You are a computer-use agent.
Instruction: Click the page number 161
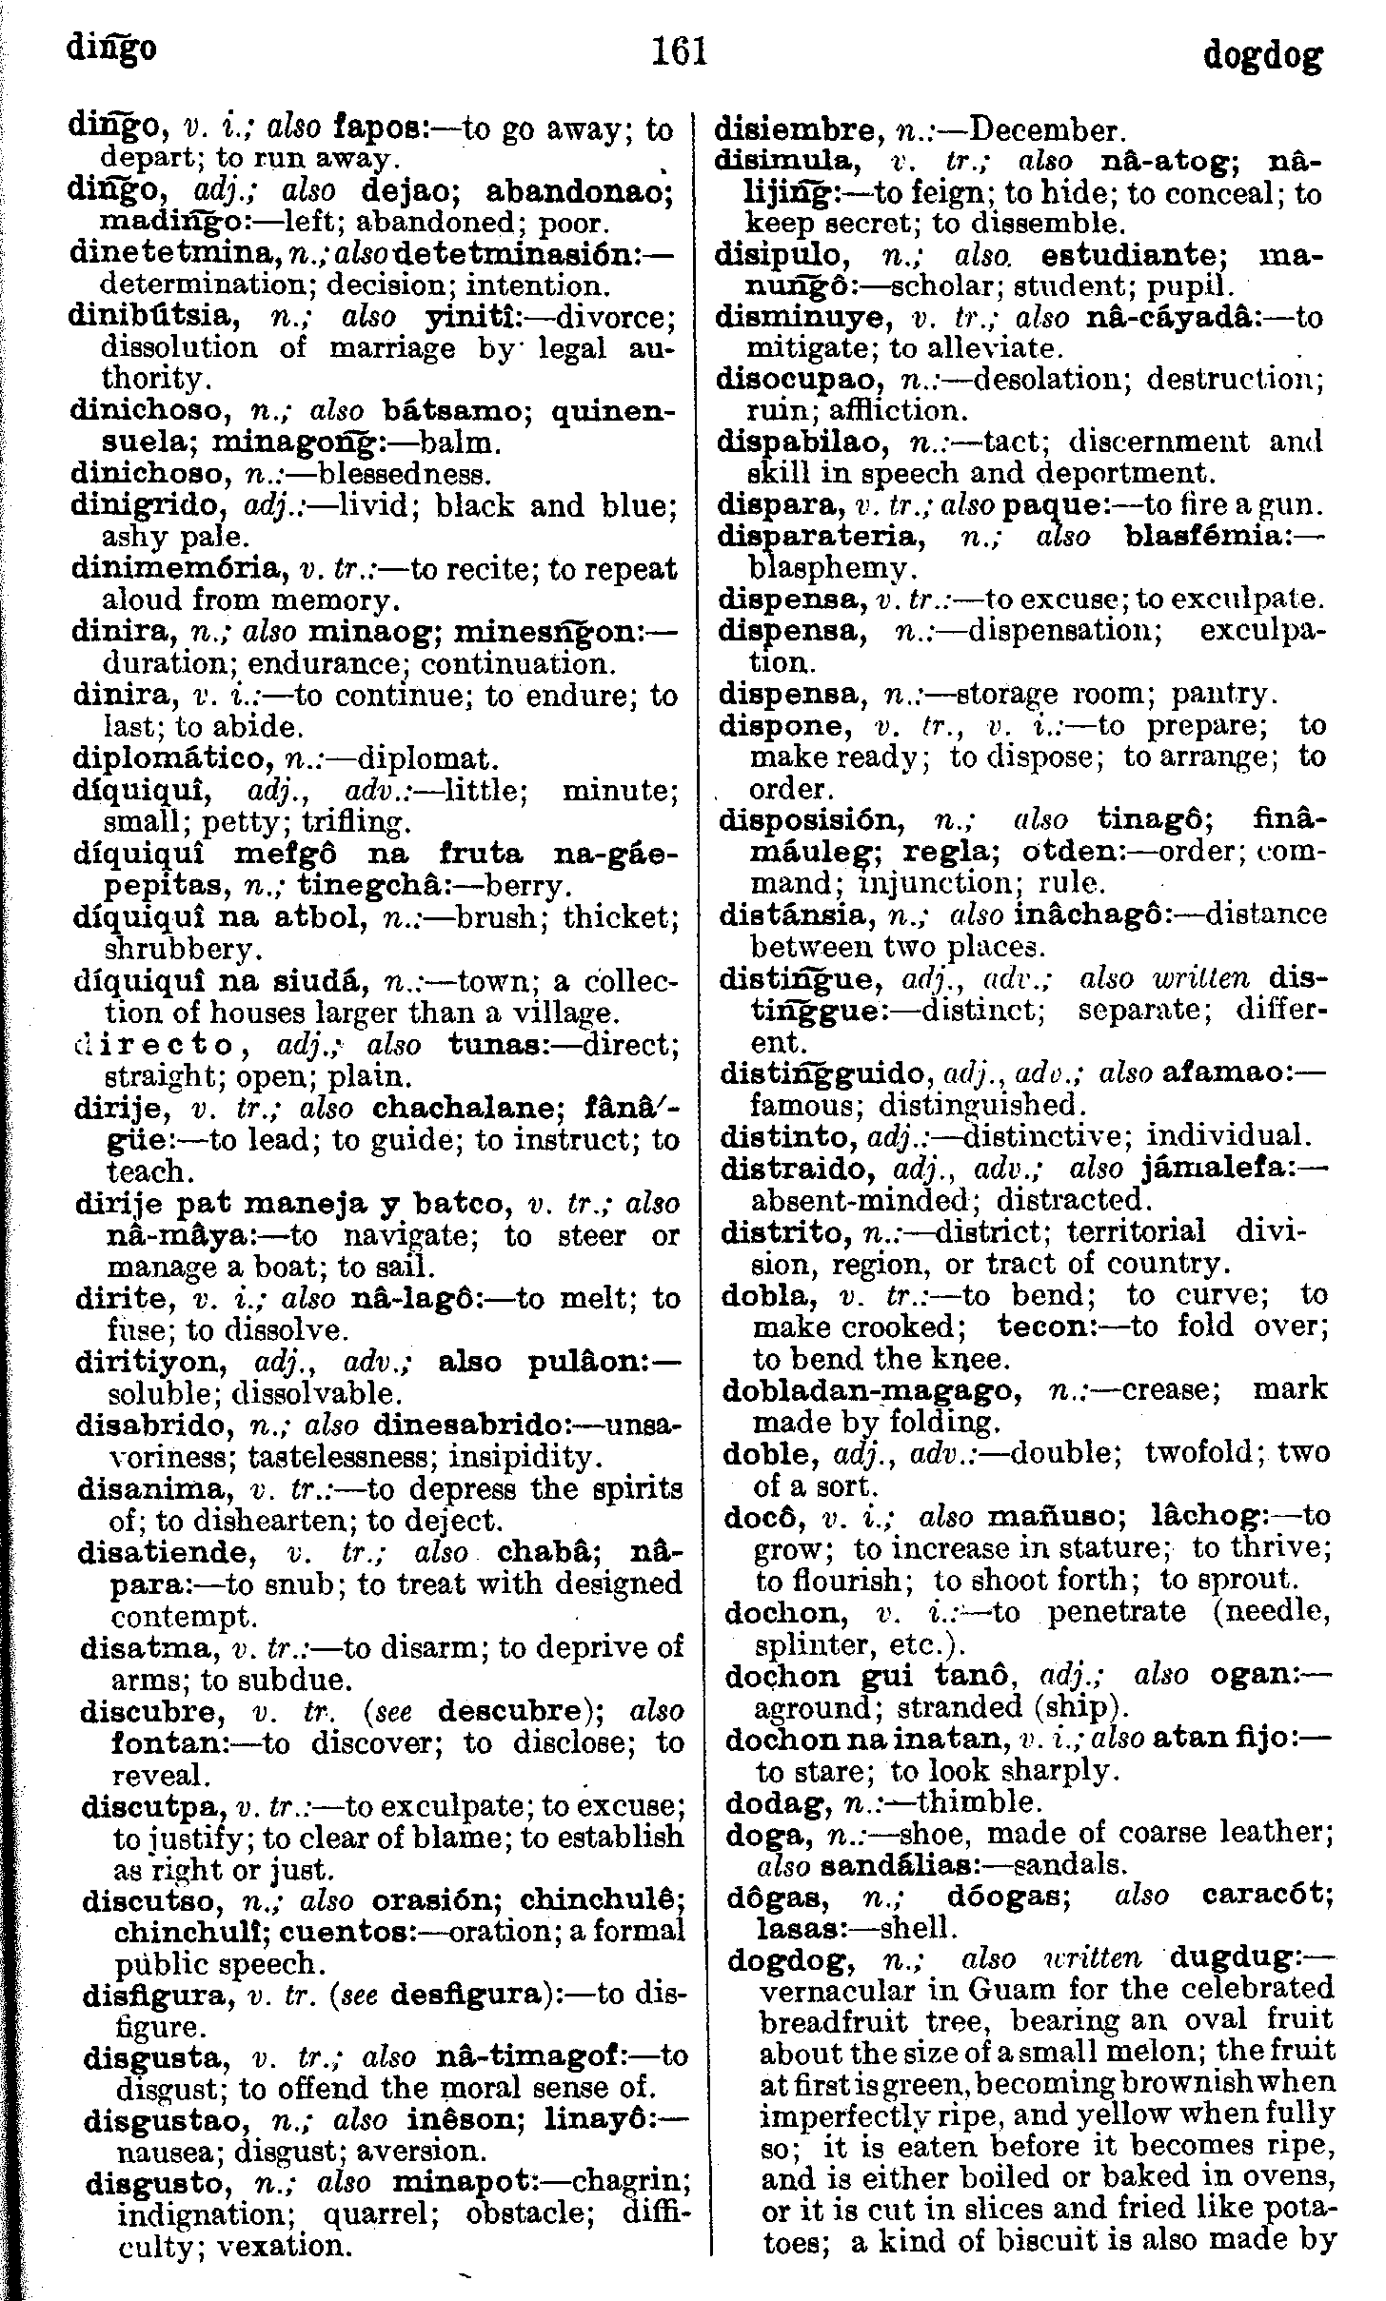(680, 51)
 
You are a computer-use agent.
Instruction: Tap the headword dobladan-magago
(868, 1390)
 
